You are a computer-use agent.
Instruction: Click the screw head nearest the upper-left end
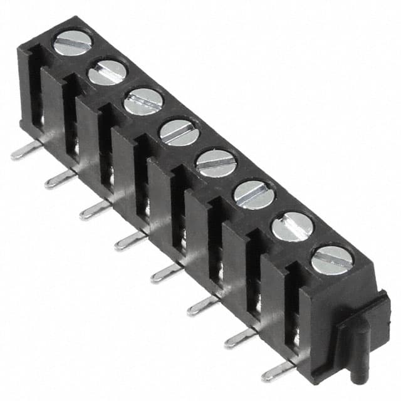pyautogui.click(x=73, y=43)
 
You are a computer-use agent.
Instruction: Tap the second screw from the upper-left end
pyautogui.click(x=107, y=72)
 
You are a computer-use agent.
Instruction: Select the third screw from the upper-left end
pyautogui.click(x=143, y=102)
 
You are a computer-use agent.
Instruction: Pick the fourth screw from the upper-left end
pyautogui.click(x=179, y=132)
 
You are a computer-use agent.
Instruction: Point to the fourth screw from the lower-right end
pyautogui.click(x=216, y=163)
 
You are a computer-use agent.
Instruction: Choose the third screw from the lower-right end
pyautogui.click(x=254, y=195)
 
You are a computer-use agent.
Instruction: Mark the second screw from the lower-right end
pyautogui.click(x=292, y=226)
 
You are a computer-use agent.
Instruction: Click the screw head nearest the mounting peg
pyautogui.click(x=332, y=260)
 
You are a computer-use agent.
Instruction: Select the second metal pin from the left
pyautogui.click(x=59, y=180)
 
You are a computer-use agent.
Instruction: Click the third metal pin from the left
pyautogui.click(x=94, y=211)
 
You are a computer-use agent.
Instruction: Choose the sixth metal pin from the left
pyautogui.click(x=202, y=305)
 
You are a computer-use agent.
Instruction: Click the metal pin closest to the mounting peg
pyautogui.click(x=277, y=371)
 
